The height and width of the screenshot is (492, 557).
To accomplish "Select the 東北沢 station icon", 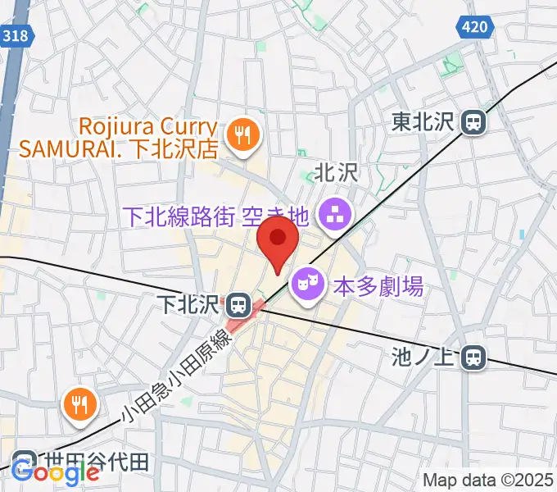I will pos(473,123).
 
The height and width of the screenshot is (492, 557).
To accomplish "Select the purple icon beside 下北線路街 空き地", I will pos(334,216).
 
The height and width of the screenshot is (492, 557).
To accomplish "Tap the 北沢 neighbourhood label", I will pos(337,172).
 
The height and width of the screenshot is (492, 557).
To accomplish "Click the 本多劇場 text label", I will pos(378,287).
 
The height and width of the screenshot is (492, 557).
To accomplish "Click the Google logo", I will pos(55,473).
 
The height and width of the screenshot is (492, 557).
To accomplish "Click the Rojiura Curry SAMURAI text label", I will pos(119,139).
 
